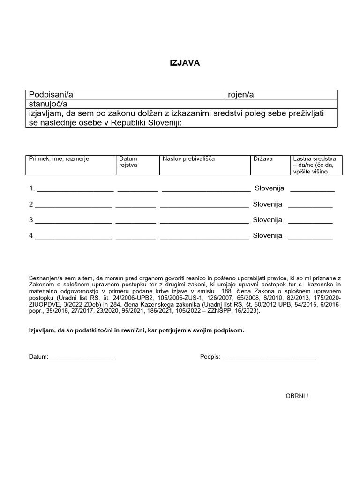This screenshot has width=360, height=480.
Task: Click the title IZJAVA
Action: pos(184,63)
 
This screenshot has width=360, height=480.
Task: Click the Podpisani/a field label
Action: pos(51,95)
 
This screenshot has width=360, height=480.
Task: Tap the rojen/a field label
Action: pos(240,95)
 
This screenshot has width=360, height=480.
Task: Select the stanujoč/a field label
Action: pos(48,104)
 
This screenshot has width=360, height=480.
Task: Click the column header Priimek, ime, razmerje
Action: pos(59,159)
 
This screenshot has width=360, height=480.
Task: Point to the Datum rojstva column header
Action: pos(128,162)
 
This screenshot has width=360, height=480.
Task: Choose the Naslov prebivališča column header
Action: pos(188,159)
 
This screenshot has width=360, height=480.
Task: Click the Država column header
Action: pos(263,159)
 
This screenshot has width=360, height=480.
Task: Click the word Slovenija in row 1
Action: pos(270,188)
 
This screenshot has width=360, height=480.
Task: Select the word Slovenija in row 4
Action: pos(268,236)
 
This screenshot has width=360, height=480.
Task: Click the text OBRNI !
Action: pos(297,396)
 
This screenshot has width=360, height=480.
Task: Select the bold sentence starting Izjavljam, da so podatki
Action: pos(136,330)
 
